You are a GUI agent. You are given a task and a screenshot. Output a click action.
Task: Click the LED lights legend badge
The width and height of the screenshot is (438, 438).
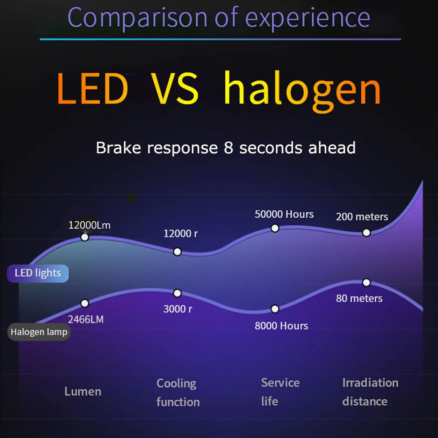pos(38,273)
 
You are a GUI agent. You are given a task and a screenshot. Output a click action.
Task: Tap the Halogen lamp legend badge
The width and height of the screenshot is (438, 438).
pos(39,332)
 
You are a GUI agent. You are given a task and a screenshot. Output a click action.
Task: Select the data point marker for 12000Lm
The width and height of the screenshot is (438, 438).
pos(85,237)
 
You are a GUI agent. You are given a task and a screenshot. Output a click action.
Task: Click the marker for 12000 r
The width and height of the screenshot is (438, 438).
pos(177,252)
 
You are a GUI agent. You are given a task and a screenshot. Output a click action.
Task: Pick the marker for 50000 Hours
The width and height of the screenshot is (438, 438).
pos(275,228)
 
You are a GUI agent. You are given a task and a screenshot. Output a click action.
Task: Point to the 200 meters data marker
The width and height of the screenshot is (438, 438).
pos(366,233)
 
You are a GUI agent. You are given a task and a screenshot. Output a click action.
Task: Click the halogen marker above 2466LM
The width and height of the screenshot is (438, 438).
pos(85,303)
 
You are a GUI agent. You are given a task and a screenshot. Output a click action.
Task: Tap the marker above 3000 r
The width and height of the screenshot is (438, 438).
pos(177,293)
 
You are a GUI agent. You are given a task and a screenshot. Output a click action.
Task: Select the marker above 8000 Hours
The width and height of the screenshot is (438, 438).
pos(275,309)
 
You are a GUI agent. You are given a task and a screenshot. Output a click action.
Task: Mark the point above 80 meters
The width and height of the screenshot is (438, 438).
pos(366,283)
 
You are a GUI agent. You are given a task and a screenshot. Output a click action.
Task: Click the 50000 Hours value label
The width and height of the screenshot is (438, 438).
pos(284,214)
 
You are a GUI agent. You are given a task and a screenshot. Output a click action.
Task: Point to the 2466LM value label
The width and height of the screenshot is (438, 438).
pos(86,319)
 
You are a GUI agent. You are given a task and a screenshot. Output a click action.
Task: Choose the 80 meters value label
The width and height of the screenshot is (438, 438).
pos(359,298)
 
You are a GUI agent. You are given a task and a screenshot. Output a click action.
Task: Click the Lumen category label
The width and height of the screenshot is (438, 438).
pos(83,391)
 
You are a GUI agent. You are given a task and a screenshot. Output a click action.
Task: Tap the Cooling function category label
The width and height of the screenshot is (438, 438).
pos(178,392)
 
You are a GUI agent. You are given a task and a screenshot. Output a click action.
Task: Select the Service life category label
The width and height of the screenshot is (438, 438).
pos(280,392)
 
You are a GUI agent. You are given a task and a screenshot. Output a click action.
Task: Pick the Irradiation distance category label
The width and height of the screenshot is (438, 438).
pos(371,392)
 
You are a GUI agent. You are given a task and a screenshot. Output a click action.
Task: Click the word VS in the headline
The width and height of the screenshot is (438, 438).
pos(175,88)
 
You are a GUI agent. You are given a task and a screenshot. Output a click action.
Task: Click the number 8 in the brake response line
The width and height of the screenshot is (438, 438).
pos(228,148)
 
